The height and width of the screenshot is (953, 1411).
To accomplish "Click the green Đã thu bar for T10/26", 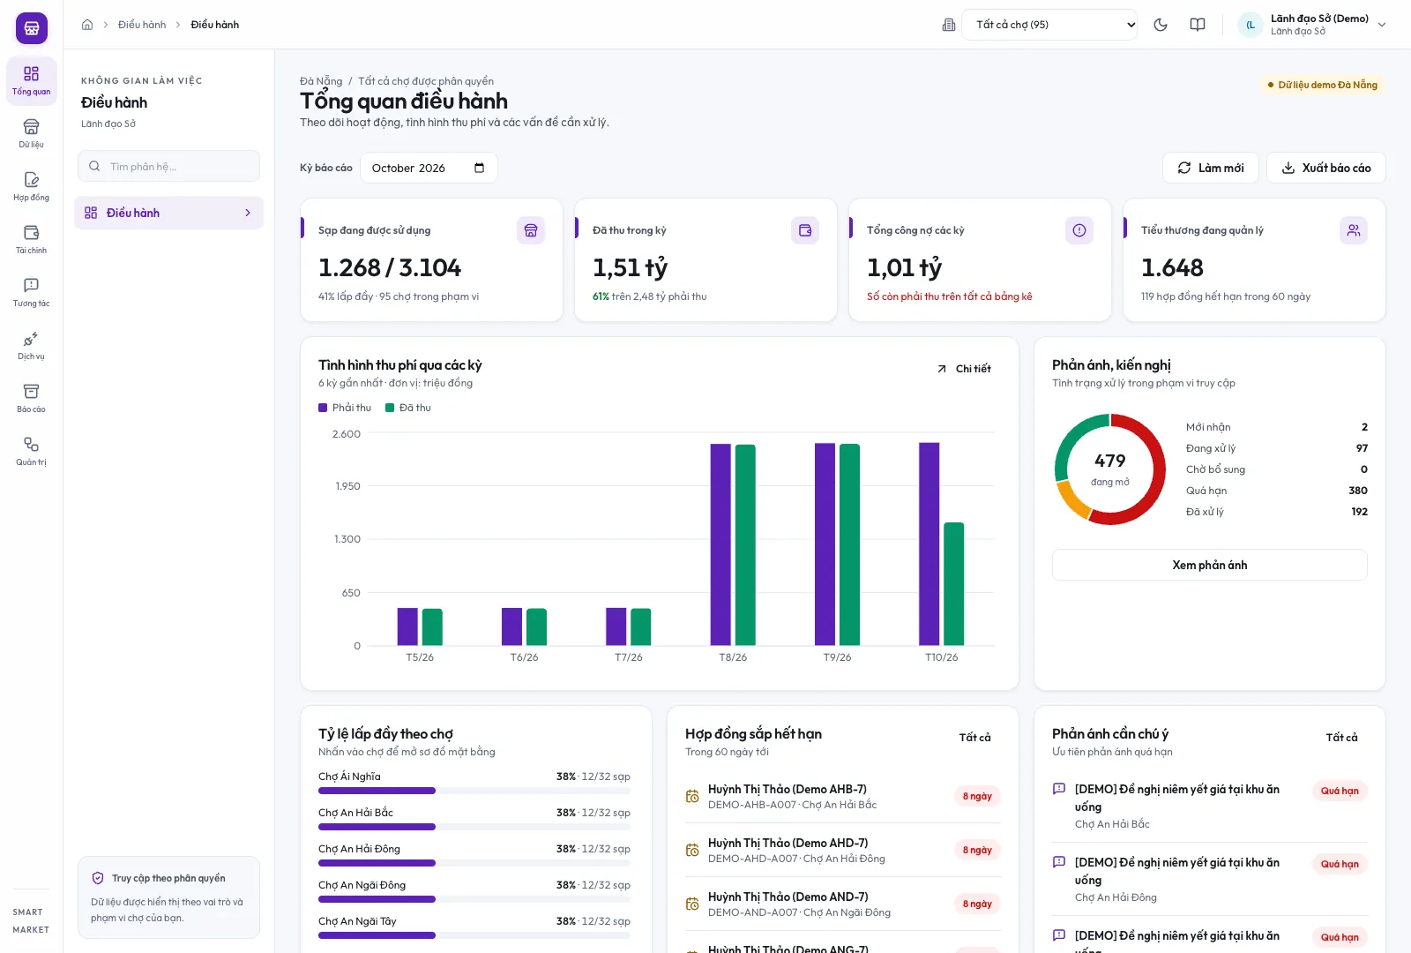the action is [x=953, y=583].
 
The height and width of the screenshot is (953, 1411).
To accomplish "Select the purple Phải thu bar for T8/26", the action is [x=720, y=544].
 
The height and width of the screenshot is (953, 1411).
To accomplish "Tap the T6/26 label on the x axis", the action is [x=524, y=657].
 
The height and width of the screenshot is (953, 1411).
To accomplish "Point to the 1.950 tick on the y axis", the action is [x=347, y=486].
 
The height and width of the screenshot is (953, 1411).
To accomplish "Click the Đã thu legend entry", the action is [x=408, y=408].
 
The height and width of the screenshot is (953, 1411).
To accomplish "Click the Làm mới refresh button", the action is [x=1211, y=168].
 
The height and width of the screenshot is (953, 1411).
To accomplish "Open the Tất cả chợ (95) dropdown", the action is [x=1049, y=25].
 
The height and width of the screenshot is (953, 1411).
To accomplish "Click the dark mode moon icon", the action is [x=1161, y=25].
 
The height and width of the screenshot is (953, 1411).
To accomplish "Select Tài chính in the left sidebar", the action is [x=31, y=239].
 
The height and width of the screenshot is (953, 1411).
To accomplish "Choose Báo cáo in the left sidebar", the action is [x=31, y=398].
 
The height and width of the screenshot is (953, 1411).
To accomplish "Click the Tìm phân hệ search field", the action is [x=168, y=167].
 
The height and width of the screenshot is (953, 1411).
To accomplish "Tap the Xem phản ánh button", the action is [x=1209, y=565].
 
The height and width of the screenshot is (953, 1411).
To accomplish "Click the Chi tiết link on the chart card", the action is [x=964, y=369].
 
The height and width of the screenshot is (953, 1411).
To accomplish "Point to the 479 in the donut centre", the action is [x=1110, y=461].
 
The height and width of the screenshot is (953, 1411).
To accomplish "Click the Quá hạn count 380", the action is [x=1357, y=491].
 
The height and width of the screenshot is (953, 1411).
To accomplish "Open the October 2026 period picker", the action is [x=429, y=168].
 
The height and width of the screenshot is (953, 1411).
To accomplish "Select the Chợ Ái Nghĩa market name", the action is [x=349, y=777].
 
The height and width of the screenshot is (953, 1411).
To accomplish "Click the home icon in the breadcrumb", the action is [x=87, y=25].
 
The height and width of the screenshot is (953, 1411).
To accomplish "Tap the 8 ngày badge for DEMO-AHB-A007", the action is [x=977, y=796].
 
